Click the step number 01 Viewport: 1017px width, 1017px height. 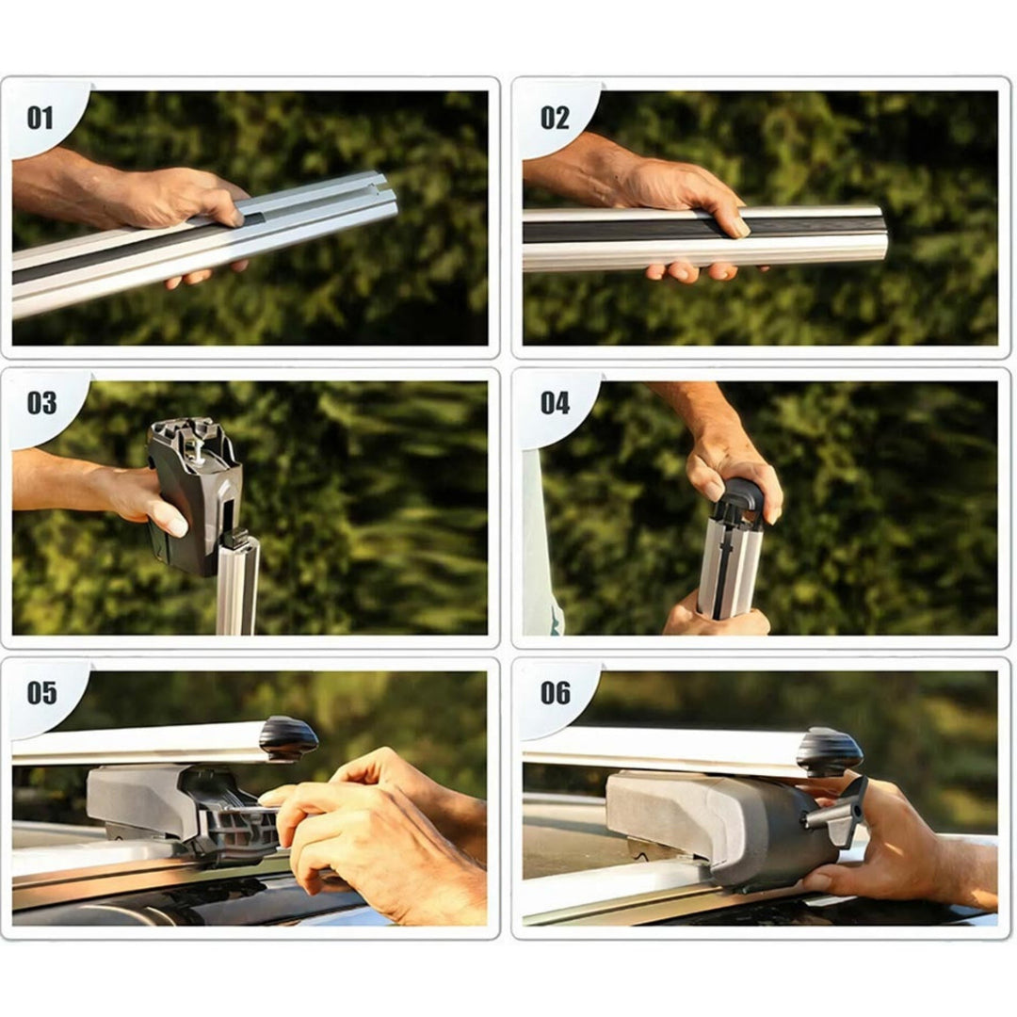pos(40,119)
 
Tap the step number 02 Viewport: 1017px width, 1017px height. pos(555,119)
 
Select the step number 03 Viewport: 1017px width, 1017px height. pos(41,403)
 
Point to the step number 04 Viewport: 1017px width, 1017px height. pos(556,403)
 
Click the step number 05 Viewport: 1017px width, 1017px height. pos(41,693)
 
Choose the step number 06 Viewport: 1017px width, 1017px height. pos(556,693)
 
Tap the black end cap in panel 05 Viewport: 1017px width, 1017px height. pos(289,738)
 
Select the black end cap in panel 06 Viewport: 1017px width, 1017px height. pos(832,750)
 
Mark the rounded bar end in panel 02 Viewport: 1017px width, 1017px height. pos(877,238)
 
